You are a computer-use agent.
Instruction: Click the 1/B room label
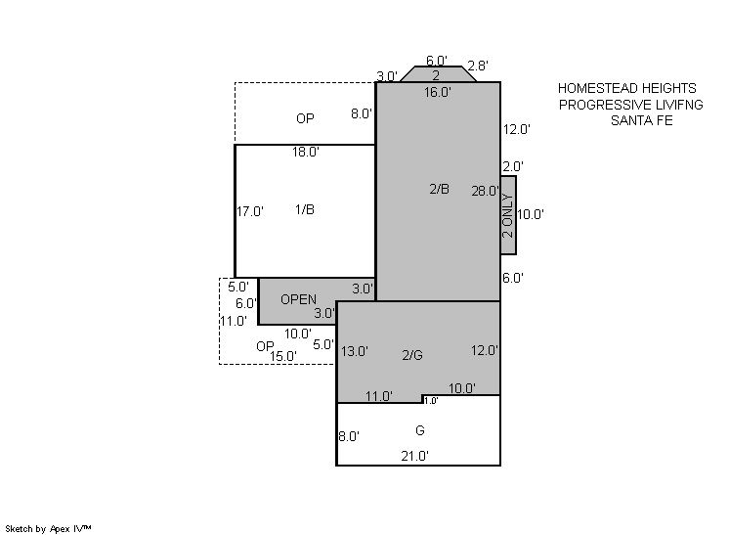(305, 210)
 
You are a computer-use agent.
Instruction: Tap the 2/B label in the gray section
(440, 189)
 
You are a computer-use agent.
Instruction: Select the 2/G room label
(412, 355)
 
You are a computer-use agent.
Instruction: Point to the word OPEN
(298, 299)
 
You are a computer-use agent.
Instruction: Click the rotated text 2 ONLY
(508, 215)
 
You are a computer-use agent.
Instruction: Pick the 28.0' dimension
(486, 191)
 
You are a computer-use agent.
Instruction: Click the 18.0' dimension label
(306, 153)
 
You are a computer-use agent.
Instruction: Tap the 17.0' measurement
(250, 211)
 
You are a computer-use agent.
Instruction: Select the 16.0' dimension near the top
(438, 93)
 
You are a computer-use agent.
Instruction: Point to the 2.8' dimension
(478, 66)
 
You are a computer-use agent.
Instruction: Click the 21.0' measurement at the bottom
(414, 456)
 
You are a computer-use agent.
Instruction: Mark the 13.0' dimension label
(355, 351)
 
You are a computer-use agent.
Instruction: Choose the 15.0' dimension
(283, 356)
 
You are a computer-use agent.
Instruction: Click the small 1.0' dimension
(431, 401)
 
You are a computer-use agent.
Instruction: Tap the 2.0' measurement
(513, 166)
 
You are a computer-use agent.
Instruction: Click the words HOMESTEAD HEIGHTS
(627, 88)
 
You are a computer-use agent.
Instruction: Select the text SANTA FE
(642, 120)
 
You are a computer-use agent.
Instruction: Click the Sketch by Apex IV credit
(48, 529)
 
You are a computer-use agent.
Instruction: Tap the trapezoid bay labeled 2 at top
(438, 74)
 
